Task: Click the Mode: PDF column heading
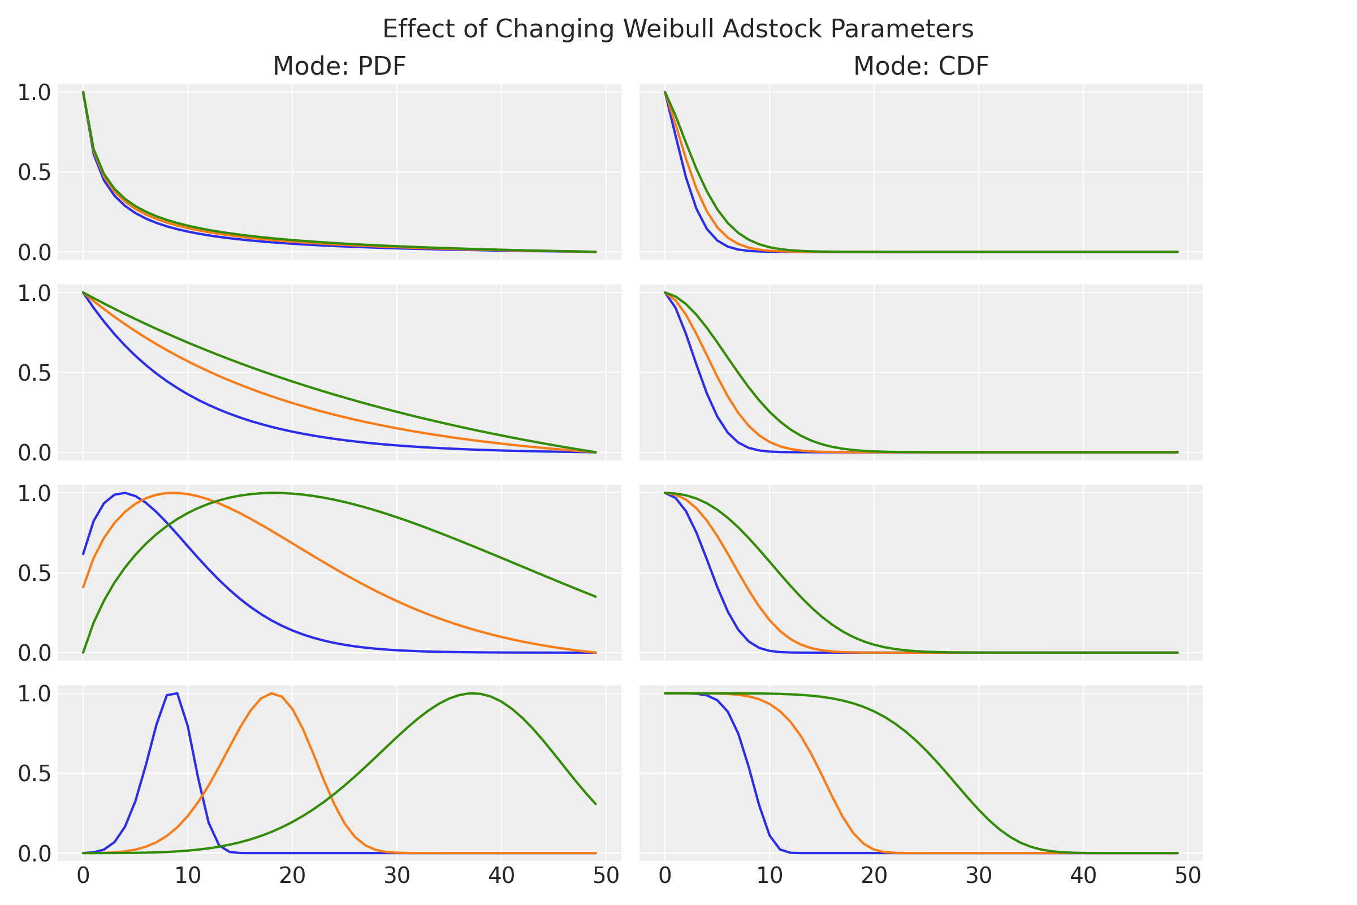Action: [x=339, y=66]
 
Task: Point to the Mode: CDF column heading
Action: [x=921, y=66]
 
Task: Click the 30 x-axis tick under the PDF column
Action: [x=397, y=876]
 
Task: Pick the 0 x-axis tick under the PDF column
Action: [x=83, y=876]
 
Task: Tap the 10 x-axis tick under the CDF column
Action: [x=770, y=876]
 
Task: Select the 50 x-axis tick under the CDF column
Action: [x=1188, y=876]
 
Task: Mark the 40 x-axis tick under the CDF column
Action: [x=1083, y=876]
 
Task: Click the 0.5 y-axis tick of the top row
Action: [x=34, y=173]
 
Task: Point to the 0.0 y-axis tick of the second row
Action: [x=34, y=453]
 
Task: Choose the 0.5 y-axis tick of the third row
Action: [x=34, y=574]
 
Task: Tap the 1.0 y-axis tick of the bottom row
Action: [x=34, y=694]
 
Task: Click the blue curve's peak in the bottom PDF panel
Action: [x=176, y=693]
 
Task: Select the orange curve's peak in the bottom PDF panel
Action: [x=271, y=693]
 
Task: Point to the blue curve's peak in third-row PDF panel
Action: [x=124, y=493]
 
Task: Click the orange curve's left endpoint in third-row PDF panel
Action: [x=83, y=588]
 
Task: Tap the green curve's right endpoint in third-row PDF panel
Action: [x=595, y=597]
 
